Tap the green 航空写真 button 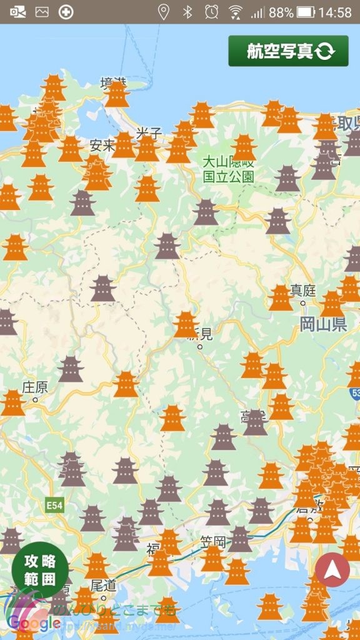point(288,51)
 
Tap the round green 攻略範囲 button point(40,569)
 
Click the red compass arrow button point(332,569)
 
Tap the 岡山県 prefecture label point(323,324)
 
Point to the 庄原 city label point(34,386)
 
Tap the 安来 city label point(102,146)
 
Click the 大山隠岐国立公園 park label point(229,169)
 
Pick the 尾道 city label point(103,584)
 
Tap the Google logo point(34,622)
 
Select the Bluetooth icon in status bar point(187,12)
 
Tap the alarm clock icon point(212,12)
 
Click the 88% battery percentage point(281,12)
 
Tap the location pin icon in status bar point(163,12)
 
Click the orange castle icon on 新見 point(186,324)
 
